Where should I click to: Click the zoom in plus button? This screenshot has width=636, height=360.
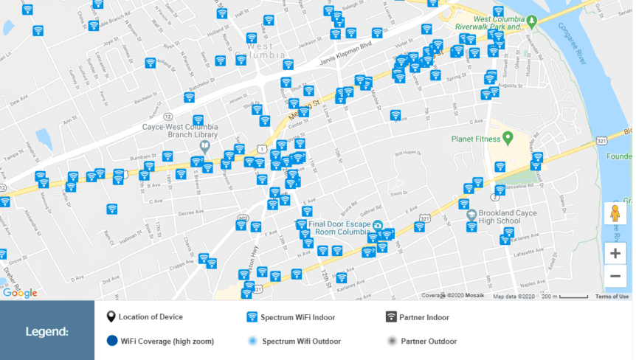coord(615,254)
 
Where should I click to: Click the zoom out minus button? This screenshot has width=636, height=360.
coord(615,277)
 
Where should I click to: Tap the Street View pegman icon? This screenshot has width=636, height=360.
coord(615,214)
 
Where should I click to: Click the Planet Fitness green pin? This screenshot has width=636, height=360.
coord(508,139)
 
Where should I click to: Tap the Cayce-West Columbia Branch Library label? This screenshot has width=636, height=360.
coord(180,131)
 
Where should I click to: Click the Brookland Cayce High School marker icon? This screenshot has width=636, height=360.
coord(471,215)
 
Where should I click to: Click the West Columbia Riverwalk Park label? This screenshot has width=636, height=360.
coord(499,23)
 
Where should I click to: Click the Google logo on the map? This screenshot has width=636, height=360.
coord(20,293)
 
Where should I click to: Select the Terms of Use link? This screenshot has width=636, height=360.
coord(612,297)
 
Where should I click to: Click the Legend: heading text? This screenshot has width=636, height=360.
coord(47,331)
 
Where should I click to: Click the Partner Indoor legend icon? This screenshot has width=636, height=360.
coord(391,317)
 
